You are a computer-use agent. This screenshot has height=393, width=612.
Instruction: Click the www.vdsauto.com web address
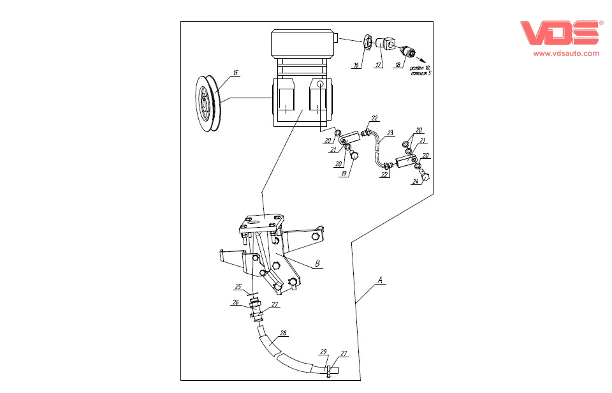click(565, 54)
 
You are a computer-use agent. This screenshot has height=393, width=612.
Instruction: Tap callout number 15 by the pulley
click(236, 73)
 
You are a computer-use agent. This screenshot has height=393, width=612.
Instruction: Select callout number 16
click(357, 65)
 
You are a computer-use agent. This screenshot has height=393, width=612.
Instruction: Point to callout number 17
click(378, 65)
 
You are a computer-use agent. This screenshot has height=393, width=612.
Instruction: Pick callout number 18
click(398, 65)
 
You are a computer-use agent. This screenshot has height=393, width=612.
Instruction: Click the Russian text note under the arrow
click(420, 70)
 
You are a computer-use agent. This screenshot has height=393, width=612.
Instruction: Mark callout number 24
click(415, 181)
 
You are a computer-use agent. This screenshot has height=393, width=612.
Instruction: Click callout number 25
click(238, 286)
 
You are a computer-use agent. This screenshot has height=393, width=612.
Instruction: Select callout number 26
click(235, 302)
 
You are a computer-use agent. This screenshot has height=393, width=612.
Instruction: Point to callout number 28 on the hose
click(283, 332)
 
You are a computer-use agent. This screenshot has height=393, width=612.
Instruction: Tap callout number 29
click(323, 352)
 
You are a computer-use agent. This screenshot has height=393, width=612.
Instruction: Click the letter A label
click(381, 279)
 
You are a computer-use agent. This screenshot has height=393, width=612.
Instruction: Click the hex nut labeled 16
click(368, 43)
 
